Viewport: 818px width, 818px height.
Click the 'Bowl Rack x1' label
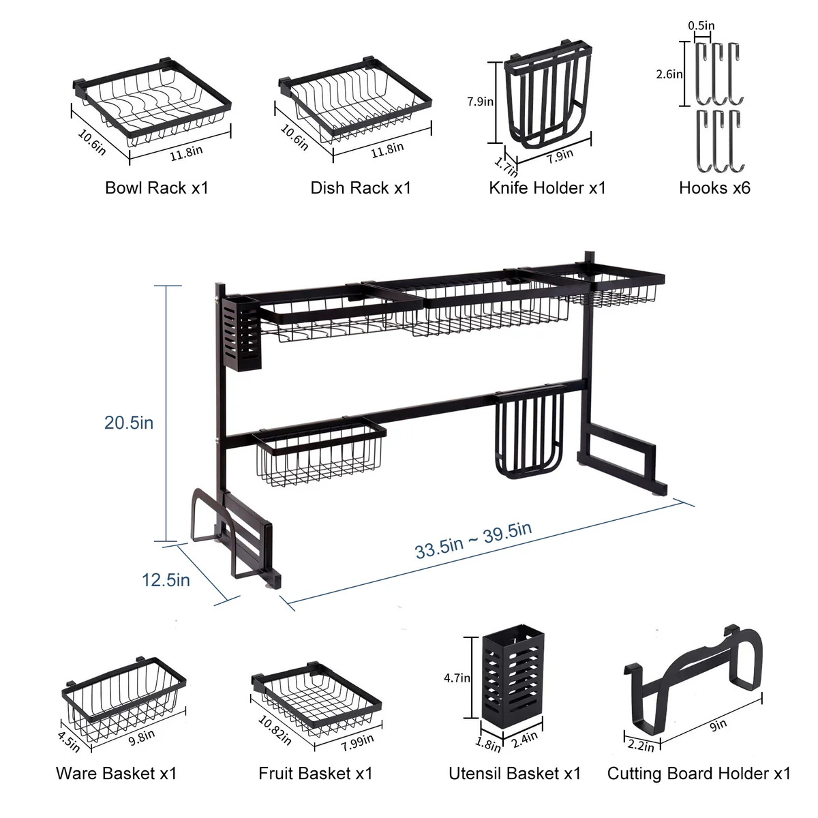[x=157, y=187]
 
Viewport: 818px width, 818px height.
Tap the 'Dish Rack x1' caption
[x=361, y=187]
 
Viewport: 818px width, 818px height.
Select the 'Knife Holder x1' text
[x=547, y=187]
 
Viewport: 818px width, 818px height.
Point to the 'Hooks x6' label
[x=714, y=187]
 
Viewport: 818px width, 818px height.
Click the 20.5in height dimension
[x=129, y=423]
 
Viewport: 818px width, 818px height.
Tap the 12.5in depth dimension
[x=166, y=580]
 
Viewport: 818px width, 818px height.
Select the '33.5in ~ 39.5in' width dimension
[x=473, y=541]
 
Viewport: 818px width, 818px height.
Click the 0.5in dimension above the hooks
[x=701, y=25]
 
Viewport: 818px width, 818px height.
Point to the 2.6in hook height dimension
[x=669, y=74]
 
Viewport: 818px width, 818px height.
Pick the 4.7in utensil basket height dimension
[x=457, y=678]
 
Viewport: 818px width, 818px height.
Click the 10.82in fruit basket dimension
[x=275, y=730]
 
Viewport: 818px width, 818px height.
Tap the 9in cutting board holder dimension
[x=718, y=725]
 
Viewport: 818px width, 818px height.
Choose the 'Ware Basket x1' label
[x=117, y=773]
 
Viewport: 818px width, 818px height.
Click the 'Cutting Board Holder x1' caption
[x=699, y=773]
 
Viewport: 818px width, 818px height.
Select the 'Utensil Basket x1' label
[x=515, y=773]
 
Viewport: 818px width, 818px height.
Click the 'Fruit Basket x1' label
[x=316, y=773]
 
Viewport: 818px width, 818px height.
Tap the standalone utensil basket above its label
[x=513, y=675]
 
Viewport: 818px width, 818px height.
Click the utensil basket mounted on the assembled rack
[x=241, y=333]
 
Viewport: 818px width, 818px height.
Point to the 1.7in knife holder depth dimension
[x=506, y=167]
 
